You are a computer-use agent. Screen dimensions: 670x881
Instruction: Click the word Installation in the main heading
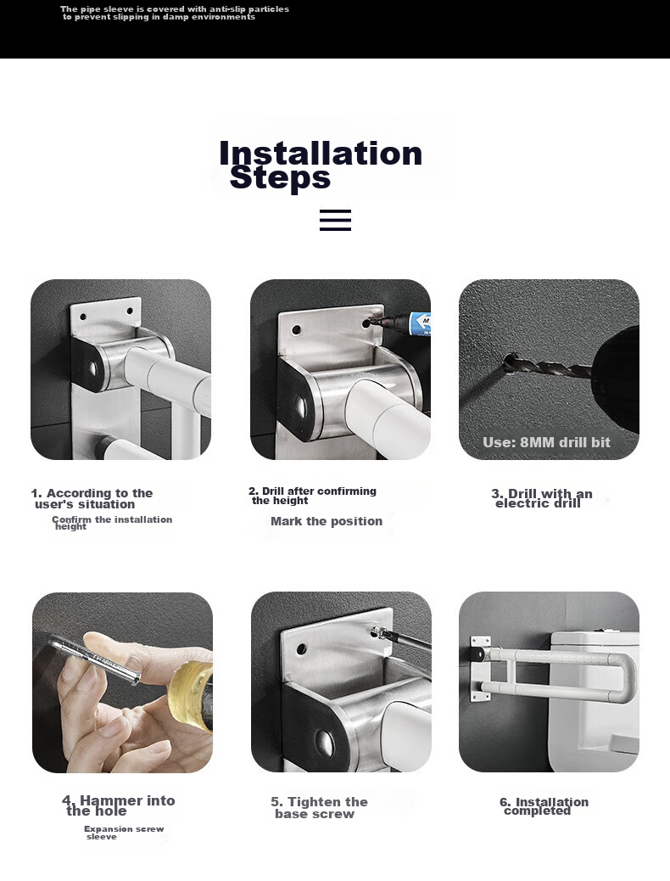[320, 154]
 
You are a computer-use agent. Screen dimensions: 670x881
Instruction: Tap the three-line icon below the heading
[335, 221]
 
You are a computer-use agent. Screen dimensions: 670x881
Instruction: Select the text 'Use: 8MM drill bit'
[546, 442]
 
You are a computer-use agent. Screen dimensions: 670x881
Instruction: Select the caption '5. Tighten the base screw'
[319, 807]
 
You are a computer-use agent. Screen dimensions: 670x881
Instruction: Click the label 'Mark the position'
[327, 521]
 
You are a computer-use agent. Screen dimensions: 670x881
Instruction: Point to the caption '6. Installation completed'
[544, 806]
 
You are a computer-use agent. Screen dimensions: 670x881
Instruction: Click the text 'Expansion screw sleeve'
[124, 833]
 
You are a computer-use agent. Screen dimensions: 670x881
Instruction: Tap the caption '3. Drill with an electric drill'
[541, 498]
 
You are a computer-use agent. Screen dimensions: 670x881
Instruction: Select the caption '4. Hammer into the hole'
[119, 805]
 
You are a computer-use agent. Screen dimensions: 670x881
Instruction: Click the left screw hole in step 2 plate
[297, 329]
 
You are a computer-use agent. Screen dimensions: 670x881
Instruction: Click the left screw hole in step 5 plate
[302, 649]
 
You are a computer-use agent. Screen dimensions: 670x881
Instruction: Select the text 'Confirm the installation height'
[112, 523]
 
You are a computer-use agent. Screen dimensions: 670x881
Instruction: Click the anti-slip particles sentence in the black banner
[175, 13]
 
